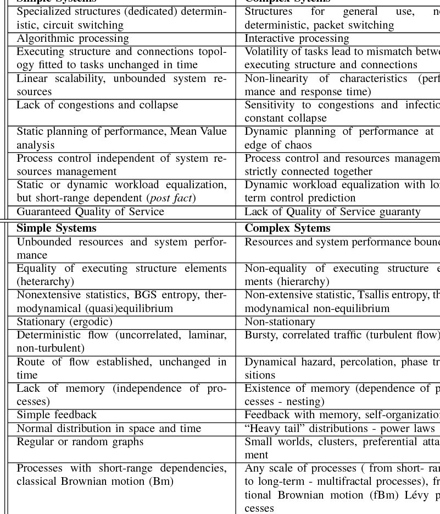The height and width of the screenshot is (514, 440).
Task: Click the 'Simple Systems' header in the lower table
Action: (x=56, y=228)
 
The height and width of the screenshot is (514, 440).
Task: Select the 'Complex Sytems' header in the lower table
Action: (x=287, y=228)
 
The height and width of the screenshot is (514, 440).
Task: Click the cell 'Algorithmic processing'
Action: (x=73, y=39)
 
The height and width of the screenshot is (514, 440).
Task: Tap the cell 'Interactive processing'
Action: (x=297, y=39)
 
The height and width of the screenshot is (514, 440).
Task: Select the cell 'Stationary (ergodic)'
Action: (x=64, y=322)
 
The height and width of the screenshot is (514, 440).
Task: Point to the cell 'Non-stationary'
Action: (x=280, y=322)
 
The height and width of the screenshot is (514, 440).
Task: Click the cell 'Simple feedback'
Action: (x=57, y=415)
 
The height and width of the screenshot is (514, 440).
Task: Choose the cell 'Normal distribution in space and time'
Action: (x=109, y=428)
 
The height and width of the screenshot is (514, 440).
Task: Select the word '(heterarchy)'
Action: (x=45, y=282)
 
